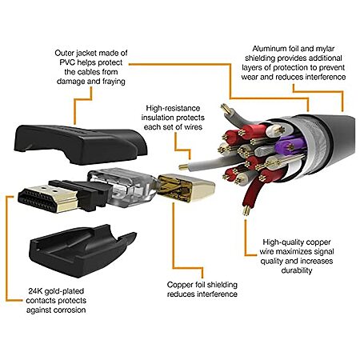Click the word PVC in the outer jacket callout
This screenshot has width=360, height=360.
[x=68, y=62]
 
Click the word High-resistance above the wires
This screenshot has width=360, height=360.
[x=173, y=108]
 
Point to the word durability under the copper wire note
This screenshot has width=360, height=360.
[x=297, y=270]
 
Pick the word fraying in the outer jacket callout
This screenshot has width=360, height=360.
[x=114, y=82]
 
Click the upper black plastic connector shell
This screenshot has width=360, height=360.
[x=80, y=144]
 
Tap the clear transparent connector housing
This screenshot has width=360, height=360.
[x=122, y=186]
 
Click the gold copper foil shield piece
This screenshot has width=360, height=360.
[x=186, y=187]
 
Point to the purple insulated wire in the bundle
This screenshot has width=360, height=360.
[x=288, y=146]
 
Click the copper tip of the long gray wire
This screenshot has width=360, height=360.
[x=184, y=167]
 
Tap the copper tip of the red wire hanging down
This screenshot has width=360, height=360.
[x=246, y=210]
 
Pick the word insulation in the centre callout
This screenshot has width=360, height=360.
[x=156, y=118]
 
